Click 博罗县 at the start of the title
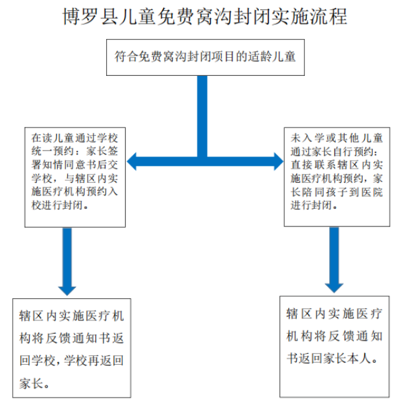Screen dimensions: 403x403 (x=86, y=16)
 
